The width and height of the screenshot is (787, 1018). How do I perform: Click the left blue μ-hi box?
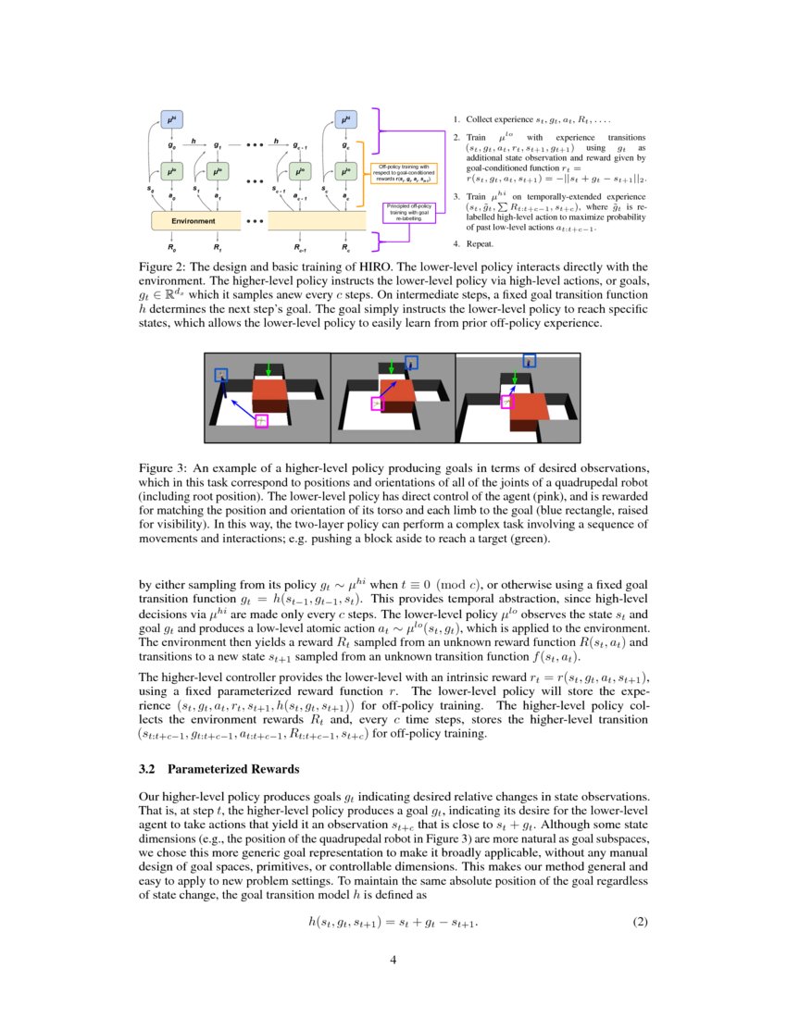pos(171,120)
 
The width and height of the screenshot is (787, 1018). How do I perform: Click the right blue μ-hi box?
pos(344,120)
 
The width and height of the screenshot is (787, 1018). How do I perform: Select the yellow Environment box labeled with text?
pos(194,221)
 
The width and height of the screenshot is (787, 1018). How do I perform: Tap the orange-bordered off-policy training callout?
pos(408,172)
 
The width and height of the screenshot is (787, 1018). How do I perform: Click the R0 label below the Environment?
pos(171,248)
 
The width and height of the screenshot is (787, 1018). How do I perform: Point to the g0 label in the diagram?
pos(172,146)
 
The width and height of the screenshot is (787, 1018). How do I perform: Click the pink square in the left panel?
pos(261,421)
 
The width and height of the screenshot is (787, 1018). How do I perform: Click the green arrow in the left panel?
pos(269,368)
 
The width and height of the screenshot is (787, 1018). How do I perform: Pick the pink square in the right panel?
pos(506,402)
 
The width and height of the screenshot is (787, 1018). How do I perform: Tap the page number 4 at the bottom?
pos(393,960)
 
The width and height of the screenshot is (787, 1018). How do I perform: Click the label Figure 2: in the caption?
pos(164,265)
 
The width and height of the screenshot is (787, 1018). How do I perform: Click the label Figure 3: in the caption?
pos(164,468)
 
